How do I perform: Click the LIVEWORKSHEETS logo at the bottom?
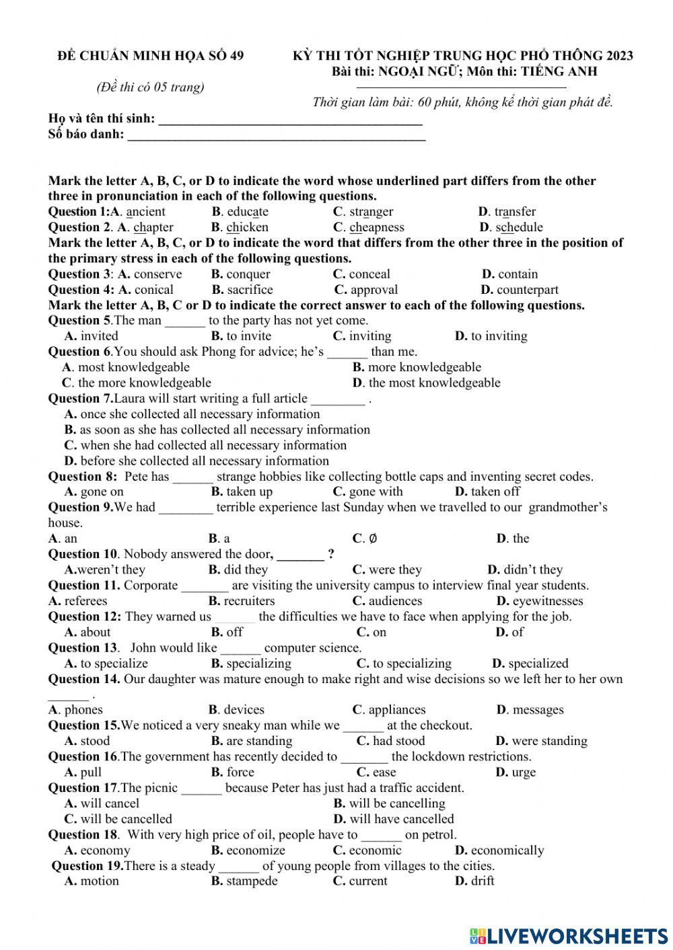coord(569,935)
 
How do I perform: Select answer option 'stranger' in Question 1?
coord(371,212)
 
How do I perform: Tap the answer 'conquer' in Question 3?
coord(248,274)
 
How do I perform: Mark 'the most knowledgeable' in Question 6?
coord(434,383)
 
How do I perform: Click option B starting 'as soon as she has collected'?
coord(224,430)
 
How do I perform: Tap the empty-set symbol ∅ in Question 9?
coord(374,539)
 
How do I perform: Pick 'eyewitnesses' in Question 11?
coord(547,601)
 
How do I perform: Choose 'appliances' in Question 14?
coord(396,710)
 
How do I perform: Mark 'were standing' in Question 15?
coord(548,741)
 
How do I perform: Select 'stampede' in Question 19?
coord(252,881)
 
